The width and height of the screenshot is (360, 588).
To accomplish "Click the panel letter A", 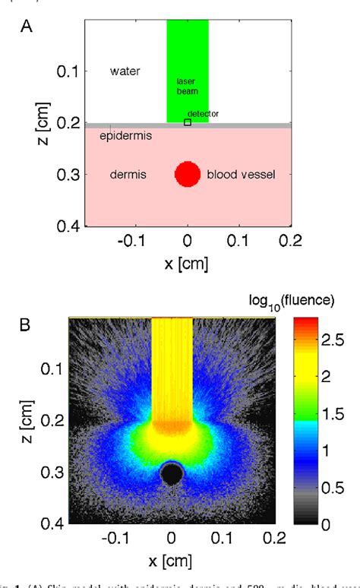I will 27,27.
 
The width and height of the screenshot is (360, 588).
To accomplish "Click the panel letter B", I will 27,327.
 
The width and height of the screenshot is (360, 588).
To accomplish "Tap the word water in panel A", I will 125,71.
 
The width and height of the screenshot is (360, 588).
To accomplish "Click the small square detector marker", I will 188,122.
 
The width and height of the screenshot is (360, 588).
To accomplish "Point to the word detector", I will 204,113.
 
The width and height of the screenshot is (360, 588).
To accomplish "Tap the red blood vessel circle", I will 187,174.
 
